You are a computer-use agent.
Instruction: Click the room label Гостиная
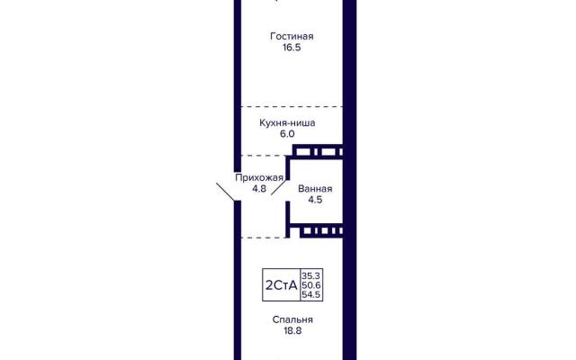pyautogui.click(x=291, y=37)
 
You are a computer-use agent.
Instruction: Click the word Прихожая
pyautogui.click(x=259, y=177)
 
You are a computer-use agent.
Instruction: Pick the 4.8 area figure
pyautogui.click(x=259, y=189)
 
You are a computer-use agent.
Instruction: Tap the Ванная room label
pyautogui.click(x=314, y=189)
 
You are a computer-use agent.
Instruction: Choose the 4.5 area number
pyautogui.click(x=314, y=201)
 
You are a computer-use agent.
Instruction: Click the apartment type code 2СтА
pyautogui.click(x=280, y=285)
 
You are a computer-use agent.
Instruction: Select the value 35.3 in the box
pyautogui.click(x=310, y=274)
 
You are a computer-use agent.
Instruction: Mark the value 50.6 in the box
pyautogui.click(x=310, y=285)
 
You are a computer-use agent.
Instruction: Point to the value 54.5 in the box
pyautogui.click(x=310, y=296)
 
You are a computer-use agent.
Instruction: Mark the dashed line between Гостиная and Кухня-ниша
pyautogui.click(x=289, y=104)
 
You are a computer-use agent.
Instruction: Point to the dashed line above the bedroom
pyautogui.click(x=261, y=238)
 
